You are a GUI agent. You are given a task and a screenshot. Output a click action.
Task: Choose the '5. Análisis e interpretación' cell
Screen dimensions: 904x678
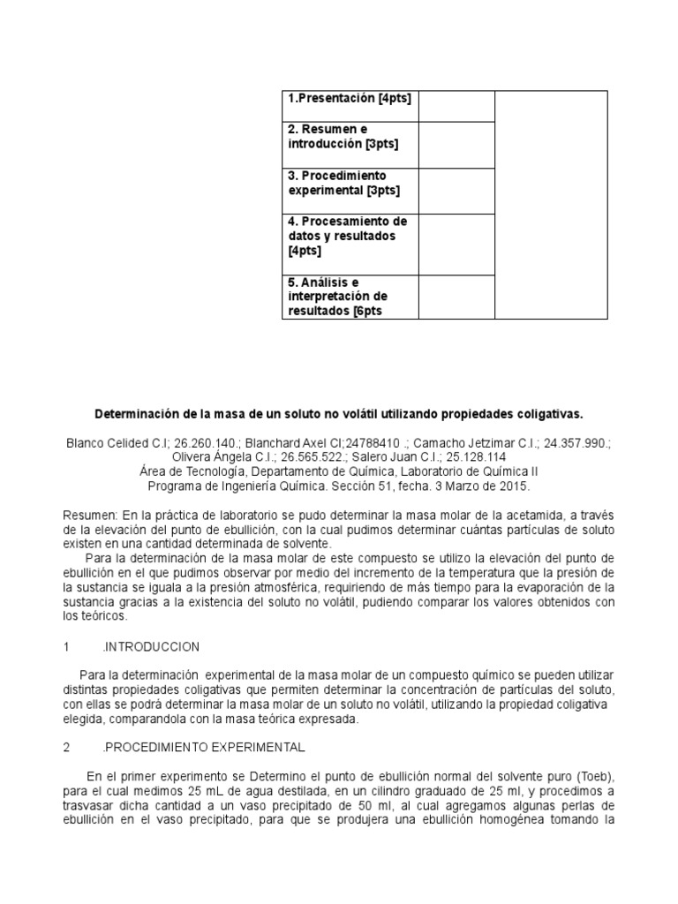tap(350, 297)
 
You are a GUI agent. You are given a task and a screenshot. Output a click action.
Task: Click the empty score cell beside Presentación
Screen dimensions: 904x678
tap(456, 105)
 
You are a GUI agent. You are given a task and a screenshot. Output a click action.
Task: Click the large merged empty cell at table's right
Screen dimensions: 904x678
tap(551, 204)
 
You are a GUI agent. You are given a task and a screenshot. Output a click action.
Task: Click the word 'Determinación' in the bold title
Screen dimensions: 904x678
tap(135, 413)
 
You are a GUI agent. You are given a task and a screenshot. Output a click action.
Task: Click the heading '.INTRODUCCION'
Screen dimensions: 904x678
tap(151, 646)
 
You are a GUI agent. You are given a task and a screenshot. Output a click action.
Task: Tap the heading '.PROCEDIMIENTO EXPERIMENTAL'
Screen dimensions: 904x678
tap(203, 747)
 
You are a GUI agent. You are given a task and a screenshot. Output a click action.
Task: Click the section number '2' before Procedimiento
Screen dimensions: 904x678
tap(67, 747)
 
